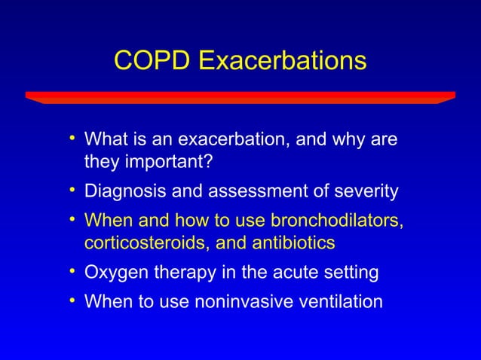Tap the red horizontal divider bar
tap(240, 97)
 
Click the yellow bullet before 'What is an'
tap(72, 139)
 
